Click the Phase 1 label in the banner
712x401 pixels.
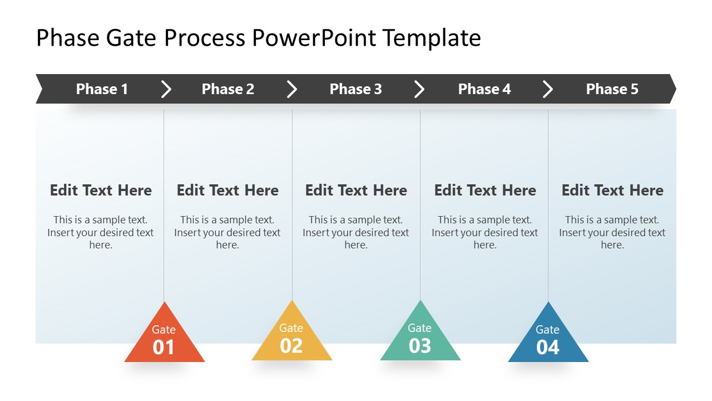102,89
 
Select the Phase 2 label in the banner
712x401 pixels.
228,89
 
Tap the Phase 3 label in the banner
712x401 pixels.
355,89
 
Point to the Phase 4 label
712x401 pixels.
484,89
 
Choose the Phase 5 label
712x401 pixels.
612,89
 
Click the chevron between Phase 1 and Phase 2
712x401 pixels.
166,89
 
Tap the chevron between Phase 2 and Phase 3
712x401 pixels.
292,89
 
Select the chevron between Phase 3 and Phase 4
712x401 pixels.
419,89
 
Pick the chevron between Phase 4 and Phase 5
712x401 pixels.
548,89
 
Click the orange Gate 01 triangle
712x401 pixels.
164,340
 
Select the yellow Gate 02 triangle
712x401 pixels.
291,338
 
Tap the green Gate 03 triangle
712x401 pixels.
420,338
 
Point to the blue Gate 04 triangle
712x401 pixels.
548,340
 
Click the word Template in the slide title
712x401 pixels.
432,38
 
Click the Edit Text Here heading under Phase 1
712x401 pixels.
101,190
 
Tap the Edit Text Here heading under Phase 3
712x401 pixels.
356,190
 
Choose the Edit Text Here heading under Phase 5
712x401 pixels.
612,190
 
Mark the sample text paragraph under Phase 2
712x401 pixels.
228,232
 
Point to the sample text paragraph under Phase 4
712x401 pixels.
484,232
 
